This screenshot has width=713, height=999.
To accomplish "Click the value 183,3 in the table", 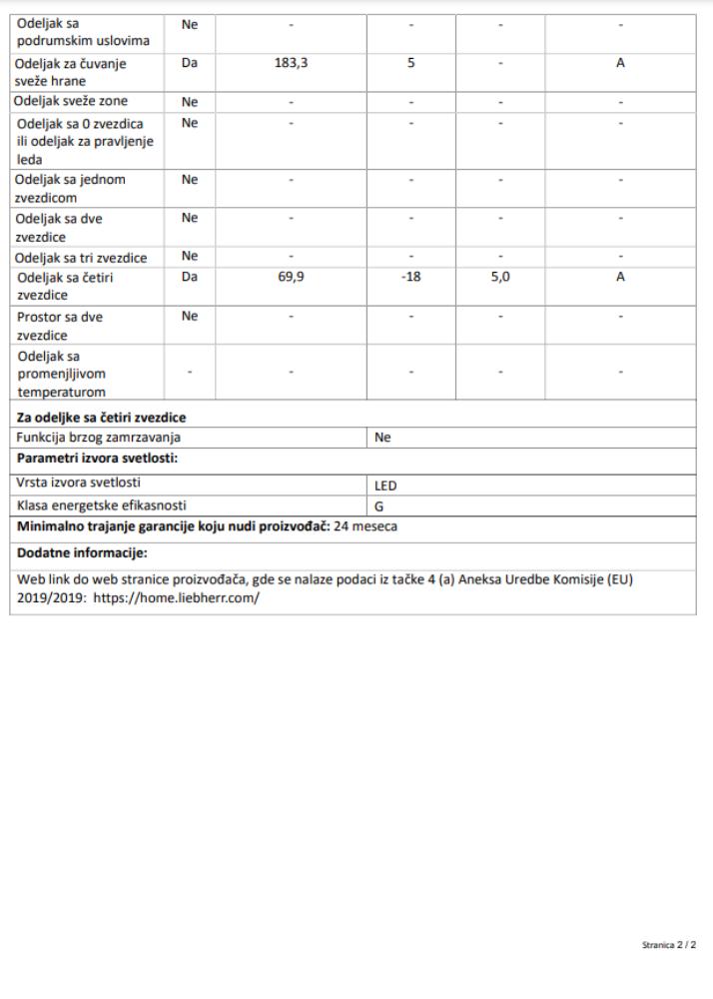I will (291, 63).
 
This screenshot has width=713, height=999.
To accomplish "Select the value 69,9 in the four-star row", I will (291, 277).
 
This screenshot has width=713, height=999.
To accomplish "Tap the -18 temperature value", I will (410, 277).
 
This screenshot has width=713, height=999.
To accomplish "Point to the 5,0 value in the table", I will (500, 277).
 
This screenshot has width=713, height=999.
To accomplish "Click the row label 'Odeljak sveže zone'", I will (71, 101).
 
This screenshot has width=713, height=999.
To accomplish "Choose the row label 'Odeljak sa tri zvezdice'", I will (81, 258).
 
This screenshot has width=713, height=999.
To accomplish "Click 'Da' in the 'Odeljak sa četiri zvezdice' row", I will (190, 277).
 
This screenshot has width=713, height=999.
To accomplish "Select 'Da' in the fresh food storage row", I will (190, 63).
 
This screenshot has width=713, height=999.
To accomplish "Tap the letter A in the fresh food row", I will (620, 63).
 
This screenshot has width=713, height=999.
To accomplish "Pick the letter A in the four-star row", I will (620, 277).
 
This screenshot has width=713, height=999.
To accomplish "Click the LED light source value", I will (385, 486).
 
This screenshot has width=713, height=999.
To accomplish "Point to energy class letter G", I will (379, 506).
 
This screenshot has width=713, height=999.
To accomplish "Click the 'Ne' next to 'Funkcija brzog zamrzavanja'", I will (382, 438).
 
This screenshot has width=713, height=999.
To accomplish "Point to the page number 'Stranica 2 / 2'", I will (668, 944).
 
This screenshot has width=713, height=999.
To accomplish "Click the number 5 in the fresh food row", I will (410, 63).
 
